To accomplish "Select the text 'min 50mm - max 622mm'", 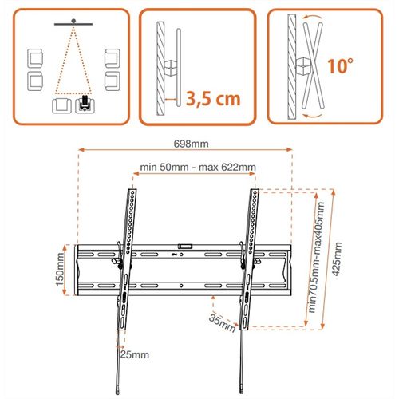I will [198, 167].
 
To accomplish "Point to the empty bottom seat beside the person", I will [60, 105].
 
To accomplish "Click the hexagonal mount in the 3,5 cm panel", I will [171, 65].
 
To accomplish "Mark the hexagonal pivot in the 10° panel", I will [302, 64].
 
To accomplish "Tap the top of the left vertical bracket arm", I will [131, 192].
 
